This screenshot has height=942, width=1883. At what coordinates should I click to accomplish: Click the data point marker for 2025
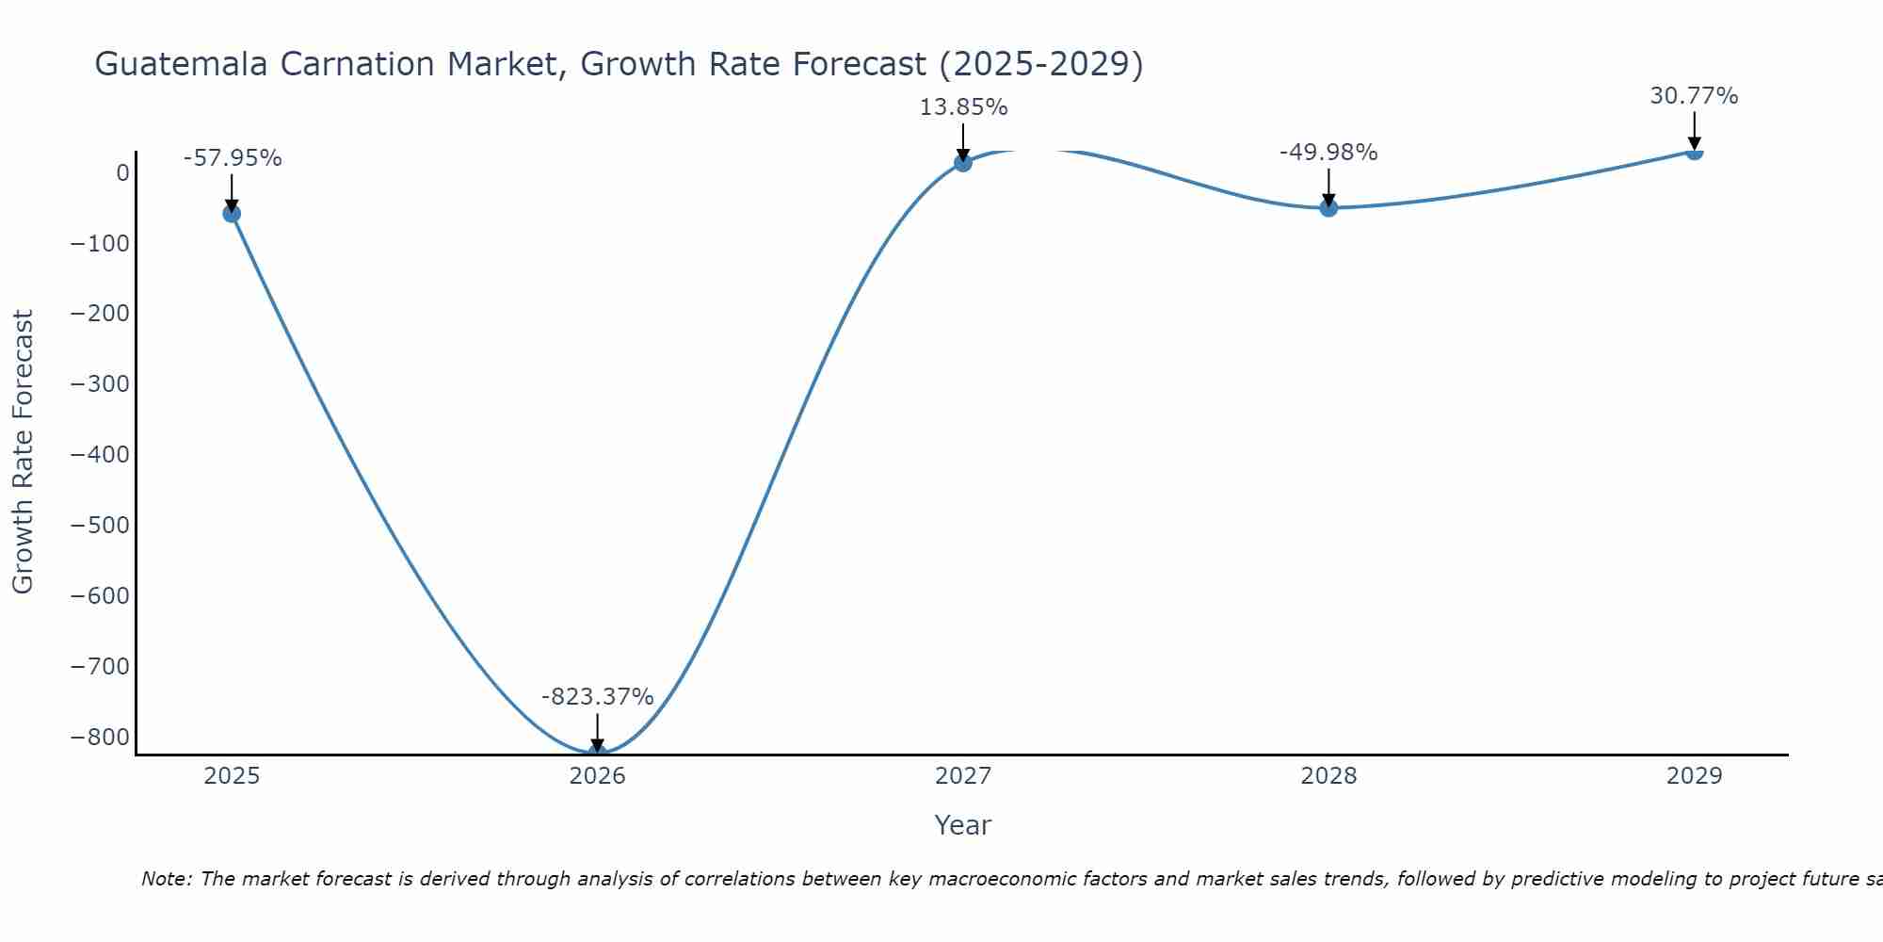click(x=232, y=214)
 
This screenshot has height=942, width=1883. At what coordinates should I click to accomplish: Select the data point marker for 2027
click(x=962, y=163)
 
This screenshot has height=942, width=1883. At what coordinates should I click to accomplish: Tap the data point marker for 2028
click(x=1328, y=207)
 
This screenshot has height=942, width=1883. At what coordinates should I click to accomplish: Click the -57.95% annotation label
click(x=233, y=158)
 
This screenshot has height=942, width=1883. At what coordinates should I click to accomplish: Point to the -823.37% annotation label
click(x=597, y=697)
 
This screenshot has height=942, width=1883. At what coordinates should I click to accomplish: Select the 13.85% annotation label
click(x=963, y=107)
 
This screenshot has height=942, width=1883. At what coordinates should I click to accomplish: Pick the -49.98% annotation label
click(x=1328, y=153)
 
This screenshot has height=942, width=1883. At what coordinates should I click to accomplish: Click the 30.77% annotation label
click(x=1694, y=96)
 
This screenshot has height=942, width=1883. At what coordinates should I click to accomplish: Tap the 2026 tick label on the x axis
click(x=597, y=776)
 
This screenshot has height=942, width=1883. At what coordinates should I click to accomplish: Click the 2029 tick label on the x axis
click(x=1694, y=776)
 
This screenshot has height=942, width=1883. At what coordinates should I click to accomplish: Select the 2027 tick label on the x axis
click(x=962, y=776)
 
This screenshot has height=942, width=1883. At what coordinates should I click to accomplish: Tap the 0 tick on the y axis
click(x=122, y=173)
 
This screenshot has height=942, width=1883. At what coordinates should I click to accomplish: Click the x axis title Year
click(x=962, y=825)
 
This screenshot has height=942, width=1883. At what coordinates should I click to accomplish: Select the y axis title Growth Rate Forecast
click(x=23, y=452)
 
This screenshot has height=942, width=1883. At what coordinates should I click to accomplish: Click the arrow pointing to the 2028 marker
click(x=1328, y=187)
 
